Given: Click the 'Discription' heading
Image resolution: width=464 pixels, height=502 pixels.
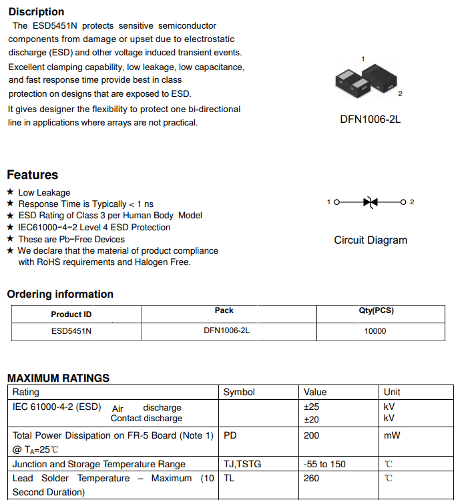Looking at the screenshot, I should point(36,11).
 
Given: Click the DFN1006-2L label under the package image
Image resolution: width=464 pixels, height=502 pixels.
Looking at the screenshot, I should point(370,119).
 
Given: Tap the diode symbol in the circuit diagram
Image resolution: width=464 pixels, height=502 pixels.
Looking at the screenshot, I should point(371,202).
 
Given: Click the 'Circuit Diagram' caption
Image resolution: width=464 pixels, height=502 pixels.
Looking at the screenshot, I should point(370,240).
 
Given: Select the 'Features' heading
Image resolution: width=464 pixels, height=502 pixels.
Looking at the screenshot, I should point(32,175).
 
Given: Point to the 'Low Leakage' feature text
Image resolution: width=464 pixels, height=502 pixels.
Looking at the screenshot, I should point(44,192).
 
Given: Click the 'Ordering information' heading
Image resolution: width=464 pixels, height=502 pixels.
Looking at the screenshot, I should point(60,294).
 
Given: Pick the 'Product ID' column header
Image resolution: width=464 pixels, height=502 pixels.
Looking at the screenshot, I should point(71,314).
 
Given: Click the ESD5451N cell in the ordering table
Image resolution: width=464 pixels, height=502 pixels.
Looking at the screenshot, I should point(71,330).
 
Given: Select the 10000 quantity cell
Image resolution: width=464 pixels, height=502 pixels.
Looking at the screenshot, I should point(375,331).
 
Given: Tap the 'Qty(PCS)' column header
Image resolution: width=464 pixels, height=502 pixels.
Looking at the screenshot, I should point(376,310).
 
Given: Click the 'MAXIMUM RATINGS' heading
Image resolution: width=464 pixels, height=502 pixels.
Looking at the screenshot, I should point(58,378).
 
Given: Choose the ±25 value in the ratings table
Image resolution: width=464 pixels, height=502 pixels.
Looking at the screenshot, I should point(311,407).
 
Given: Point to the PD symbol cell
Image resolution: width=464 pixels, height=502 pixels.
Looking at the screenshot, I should point(230,435).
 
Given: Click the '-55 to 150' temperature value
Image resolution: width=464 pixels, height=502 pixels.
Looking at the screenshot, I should point(324,464).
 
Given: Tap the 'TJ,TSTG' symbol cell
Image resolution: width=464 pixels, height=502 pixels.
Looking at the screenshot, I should point(242,464).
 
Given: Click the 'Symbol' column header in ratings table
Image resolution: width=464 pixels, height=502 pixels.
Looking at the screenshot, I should point(239,392).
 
